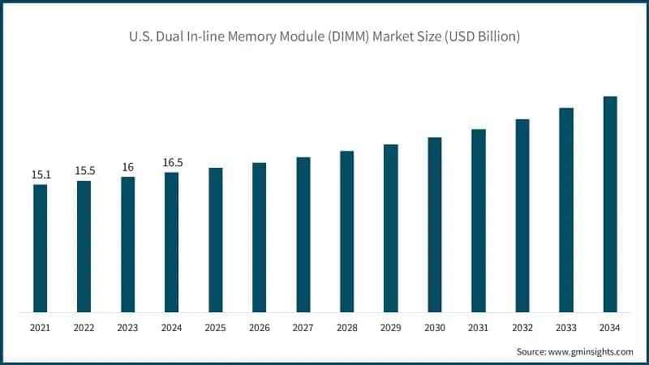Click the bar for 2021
pos(40,248)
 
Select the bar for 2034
pos(610,204)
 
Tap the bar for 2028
pos(346,231)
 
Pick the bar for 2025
pos(215,240)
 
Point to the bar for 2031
pos(479,221)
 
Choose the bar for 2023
pos(127,244)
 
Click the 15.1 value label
pos(41,174)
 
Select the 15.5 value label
pos(84,170)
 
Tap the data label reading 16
pos(127,167)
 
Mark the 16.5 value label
pos(172,162)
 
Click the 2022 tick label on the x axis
pos(84,328)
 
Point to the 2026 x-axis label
pos(259,328)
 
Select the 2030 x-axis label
pos(435,328)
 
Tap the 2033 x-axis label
pos(566,328)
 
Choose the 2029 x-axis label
pos(390,328)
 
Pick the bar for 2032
pos(522,216)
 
